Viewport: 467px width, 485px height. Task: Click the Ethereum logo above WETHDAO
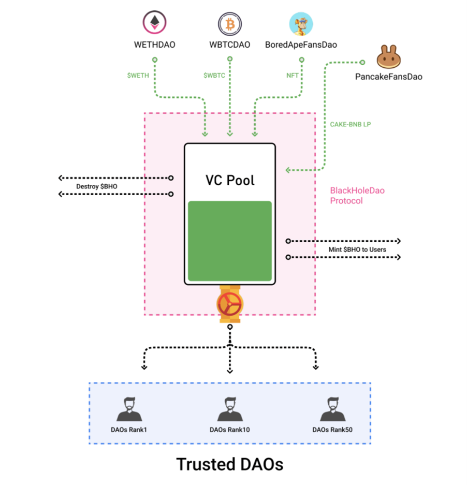(155, 23)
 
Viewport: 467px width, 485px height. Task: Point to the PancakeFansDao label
(389, 77)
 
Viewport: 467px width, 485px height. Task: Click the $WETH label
(138, 75)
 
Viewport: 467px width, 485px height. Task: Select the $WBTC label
(214, 75)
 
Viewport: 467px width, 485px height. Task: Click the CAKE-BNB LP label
(351, 124)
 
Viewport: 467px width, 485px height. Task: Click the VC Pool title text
(229, 180)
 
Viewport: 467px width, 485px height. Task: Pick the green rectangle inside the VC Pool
(229, 241)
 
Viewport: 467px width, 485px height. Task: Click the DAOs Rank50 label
(333, 430)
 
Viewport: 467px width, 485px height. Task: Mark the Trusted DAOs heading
(230, 463)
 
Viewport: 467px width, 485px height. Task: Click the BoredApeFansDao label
(301, 45)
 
